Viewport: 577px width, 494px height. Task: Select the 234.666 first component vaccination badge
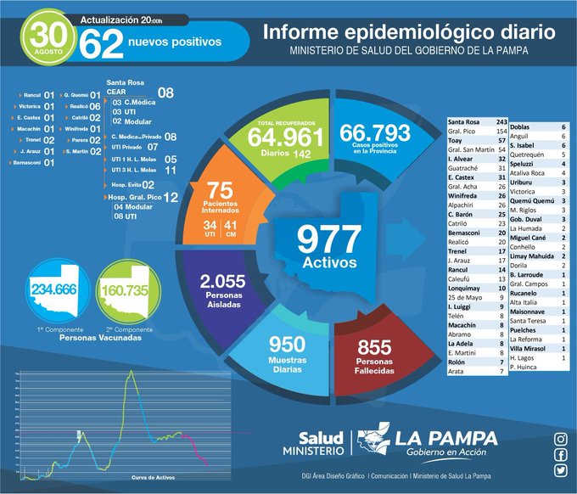(53, 290)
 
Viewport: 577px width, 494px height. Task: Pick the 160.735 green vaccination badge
(120, 290)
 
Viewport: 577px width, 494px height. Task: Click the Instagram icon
(560, 439)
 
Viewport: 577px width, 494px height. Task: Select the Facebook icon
(560, 454)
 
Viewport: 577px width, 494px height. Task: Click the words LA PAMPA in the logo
(447, 438)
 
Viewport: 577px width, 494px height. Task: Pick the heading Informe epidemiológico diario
(409, 33)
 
